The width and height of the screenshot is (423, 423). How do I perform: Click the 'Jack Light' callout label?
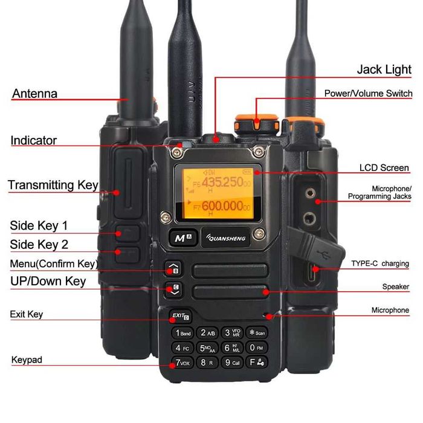pyautogui.click(x=384, y=69)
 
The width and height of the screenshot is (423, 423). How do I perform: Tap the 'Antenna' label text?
pyautogui.click(x=34, y=94)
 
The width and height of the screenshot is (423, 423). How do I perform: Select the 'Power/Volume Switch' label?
pyautogui.click(x=368, y=94)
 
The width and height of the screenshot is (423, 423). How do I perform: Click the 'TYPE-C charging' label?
pyautogui.click(x=380, y=263)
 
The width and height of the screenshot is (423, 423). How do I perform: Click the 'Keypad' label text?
pyautogui.click(x=27, y=360)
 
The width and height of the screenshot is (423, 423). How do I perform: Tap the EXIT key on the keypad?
pyautogui.click(x=179, y=316)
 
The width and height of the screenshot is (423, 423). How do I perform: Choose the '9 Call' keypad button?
pyautogui.click(x=232, y=363)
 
